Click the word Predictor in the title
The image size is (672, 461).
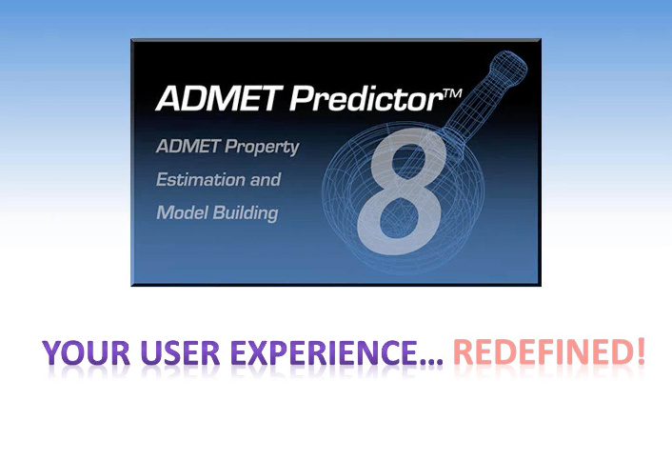point(358,99)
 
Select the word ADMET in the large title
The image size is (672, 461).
point(212,99)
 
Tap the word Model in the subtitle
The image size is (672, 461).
point(180,211)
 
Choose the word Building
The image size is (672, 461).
point(244,212)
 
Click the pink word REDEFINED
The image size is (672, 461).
point(538,352)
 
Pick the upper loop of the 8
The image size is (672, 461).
point(416,158)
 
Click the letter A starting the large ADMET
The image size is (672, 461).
point(167,99)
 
